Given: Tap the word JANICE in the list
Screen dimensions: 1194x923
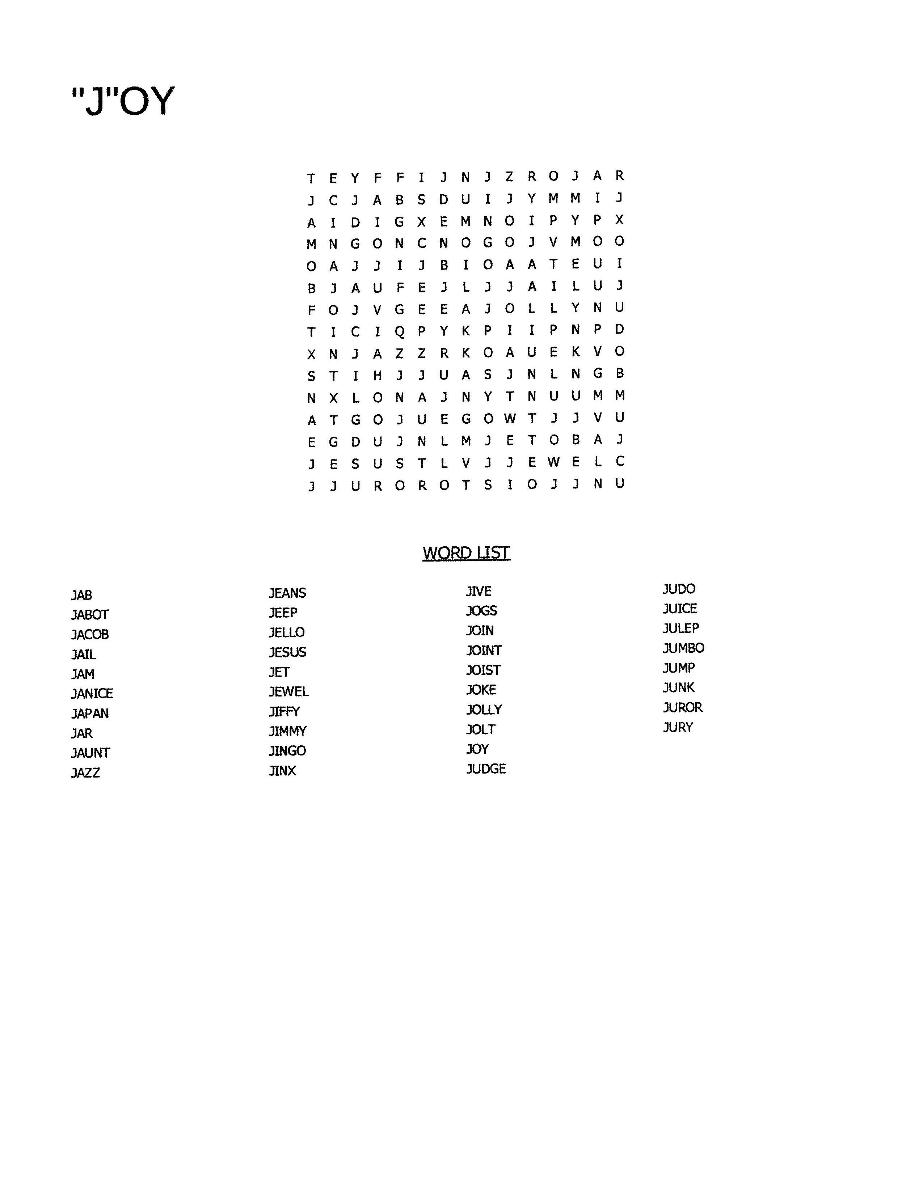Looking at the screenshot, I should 92,693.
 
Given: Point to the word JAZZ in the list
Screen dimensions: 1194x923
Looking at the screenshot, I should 86,772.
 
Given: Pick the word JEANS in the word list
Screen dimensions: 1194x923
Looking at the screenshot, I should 287,593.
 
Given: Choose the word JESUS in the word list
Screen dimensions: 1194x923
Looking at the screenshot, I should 287,652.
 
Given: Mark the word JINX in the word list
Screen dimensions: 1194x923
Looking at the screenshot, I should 282,770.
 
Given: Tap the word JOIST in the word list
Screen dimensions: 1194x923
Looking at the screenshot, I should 483,670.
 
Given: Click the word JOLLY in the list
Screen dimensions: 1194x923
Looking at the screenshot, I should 484,710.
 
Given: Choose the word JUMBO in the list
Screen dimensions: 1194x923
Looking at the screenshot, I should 683,648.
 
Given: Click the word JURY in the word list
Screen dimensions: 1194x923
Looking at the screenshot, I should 678,727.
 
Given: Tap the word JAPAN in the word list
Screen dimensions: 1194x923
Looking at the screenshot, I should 90,714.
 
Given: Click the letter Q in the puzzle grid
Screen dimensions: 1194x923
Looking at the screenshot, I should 400,332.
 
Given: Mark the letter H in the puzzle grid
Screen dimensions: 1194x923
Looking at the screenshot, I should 377,376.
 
